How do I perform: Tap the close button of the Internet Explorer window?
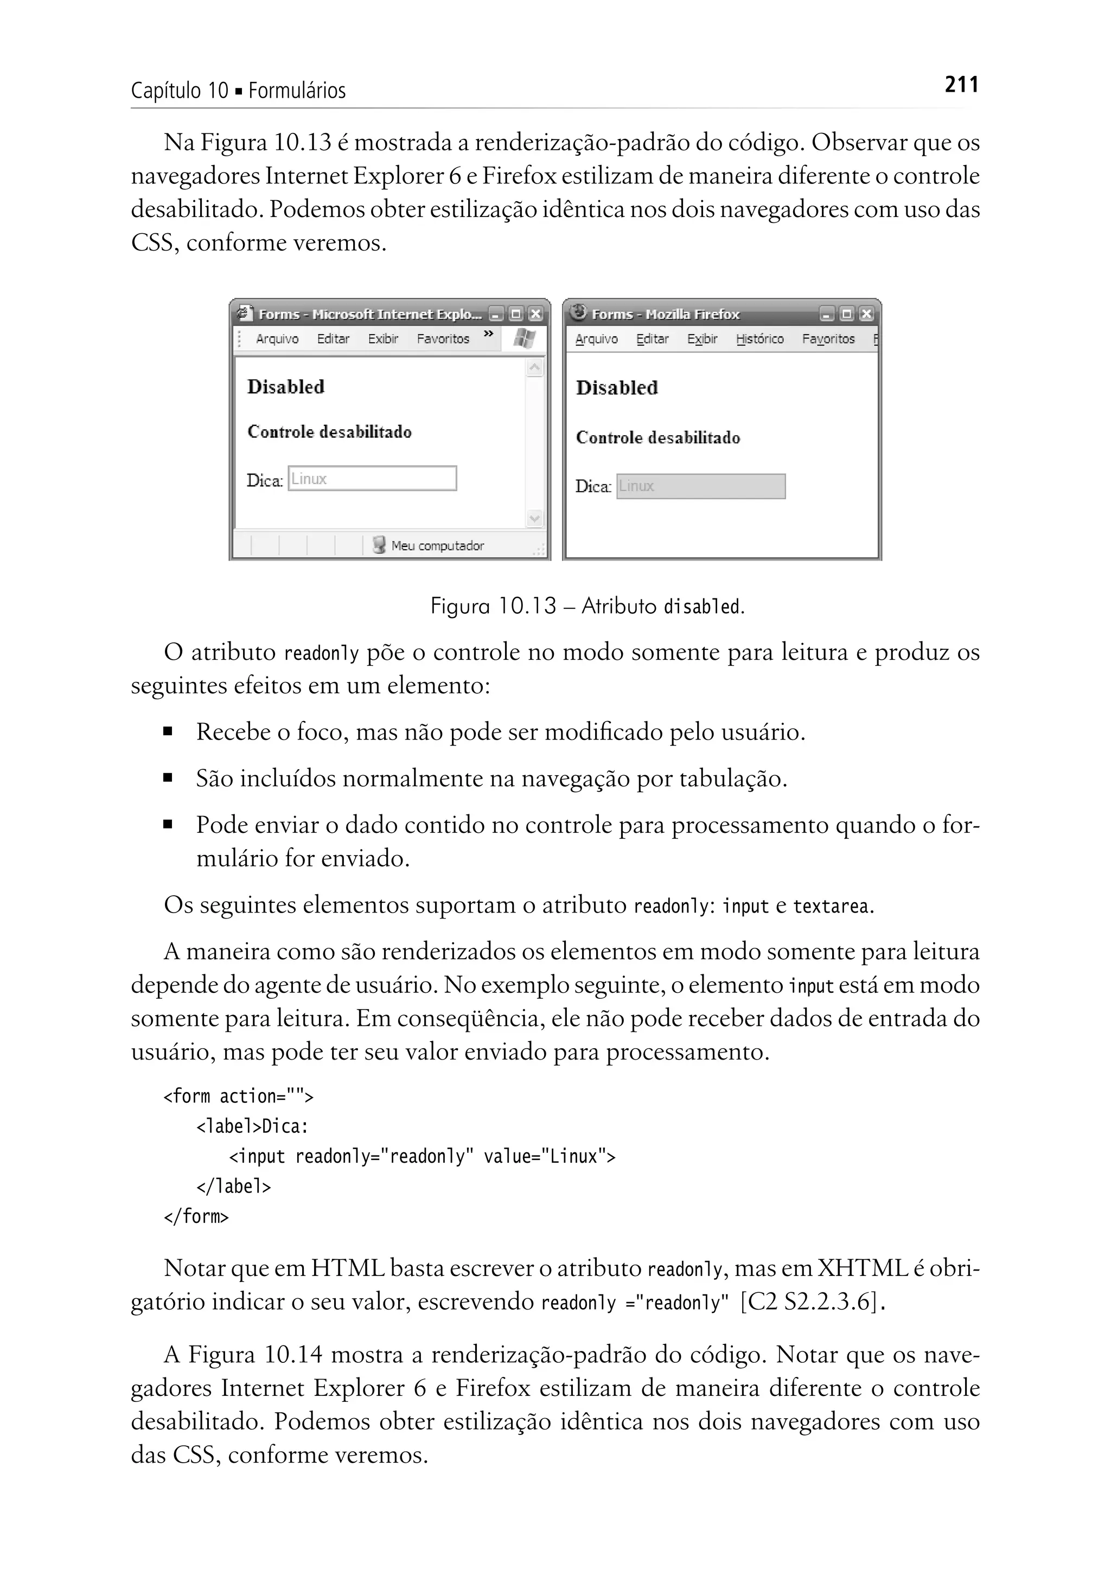click(x=535, y=314)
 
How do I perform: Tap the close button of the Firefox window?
click(x=866, y=314)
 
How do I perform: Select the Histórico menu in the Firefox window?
click(x=759, y=339)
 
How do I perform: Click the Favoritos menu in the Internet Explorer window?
click(x=443, y=339)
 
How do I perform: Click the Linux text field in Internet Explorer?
click(x=372, y=479)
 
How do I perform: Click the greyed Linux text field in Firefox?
click(x=700, y=487)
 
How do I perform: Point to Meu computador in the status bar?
click(x=437, y=545)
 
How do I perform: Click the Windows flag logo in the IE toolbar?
click(x=524, y=338)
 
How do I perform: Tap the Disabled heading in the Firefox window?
click(x=616, y=388)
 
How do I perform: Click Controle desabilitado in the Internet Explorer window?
click(x=329, y=432)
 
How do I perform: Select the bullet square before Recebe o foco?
click(x=168, y=731)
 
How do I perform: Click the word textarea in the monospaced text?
click(x=831, y=907)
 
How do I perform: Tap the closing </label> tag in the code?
click(x=233, y=1187)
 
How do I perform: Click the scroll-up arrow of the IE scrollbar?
click(x=535, y=368)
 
